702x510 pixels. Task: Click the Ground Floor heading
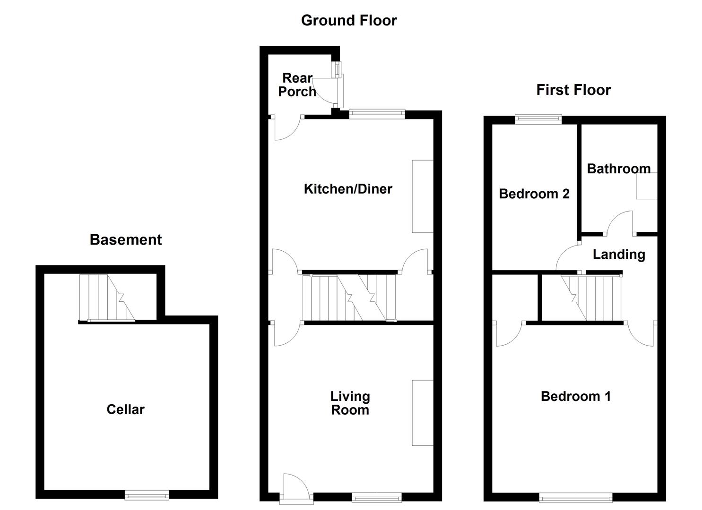coord(349,20)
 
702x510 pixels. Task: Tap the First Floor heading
coord(573,90)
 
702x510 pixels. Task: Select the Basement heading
coord(126,240)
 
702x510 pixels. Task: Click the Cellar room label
coord(125,409)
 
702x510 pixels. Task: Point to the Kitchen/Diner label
coord(348,189)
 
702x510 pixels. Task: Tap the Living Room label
coord(350,403)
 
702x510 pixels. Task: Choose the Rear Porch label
coord(297,85)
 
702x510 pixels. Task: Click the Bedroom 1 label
coord(575,396)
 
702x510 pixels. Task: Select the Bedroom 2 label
coord(534,194)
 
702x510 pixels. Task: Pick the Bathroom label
coord(618,169)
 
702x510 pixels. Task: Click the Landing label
coord(619,255)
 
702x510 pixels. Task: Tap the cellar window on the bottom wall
coord(147,495)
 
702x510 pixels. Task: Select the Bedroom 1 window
coord(576,497)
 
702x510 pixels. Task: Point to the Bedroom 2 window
coord(538,119)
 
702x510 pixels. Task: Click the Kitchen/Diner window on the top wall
coord(377,113)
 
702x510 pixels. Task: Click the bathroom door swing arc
coord(620,222)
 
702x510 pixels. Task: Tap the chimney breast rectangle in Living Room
coord(422,412)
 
